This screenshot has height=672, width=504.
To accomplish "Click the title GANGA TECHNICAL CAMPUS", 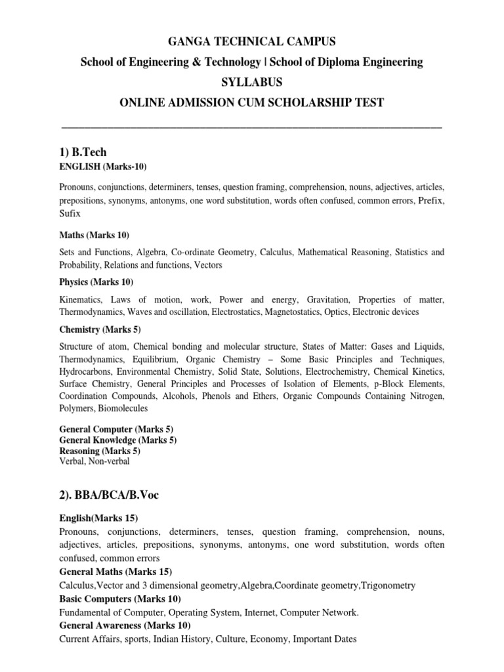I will [x=252, y=42].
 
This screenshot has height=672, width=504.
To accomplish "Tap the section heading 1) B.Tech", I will [x=83, y=153].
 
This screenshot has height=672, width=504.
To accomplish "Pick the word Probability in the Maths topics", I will [x=80, y=265].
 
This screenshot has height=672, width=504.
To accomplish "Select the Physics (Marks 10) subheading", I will [x=96, y=282].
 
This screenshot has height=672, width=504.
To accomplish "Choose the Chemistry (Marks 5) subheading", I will [x=100, y=329].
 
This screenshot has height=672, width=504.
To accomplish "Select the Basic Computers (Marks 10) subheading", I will [x=120, y=599].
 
